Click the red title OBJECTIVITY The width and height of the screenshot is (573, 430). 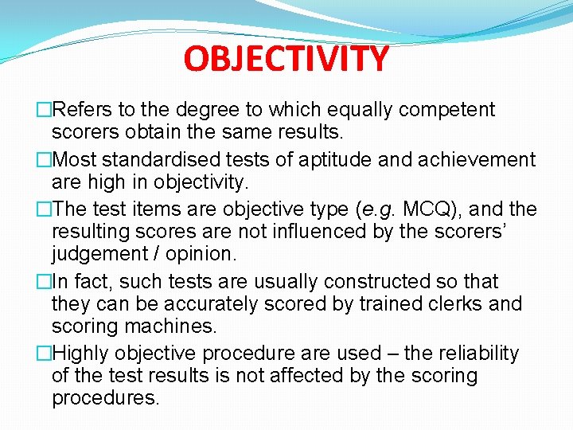286,58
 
